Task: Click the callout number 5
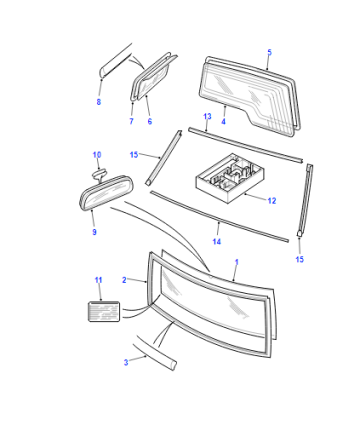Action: coord(269,52)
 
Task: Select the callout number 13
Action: coord(207,116)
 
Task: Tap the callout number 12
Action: coord(272,201)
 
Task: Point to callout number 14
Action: coord(217,241)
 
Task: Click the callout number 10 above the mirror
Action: coord(97,155)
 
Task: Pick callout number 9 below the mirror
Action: coord(94,232)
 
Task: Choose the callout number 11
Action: coord(98,280)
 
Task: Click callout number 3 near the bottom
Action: coord(126,362)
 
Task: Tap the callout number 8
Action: coord(99,102)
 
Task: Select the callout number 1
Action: coord(237,262)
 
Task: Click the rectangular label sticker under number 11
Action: coord(104,312)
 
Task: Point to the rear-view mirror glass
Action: coord(106,194)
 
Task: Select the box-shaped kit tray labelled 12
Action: coord(230,178)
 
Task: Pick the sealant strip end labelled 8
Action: coord(115,61)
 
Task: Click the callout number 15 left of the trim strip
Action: coord(134,155)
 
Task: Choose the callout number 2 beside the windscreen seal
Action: coord(124,280)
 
